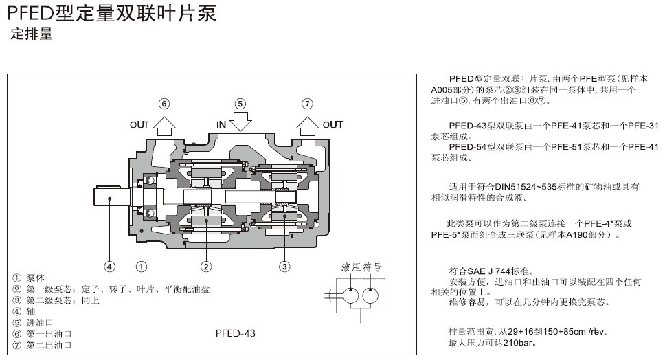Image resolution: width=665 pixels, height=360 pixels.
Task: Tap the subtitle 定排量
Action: [32, 34]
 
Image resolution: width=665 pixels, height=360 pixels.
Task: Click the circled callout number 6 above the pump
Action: [164, 104]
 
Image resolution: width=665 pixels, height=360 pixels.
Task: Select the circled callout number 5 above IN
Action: [240, 104]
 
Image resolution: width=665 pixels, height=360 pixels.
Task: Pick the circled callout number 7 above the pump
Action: [307, 104]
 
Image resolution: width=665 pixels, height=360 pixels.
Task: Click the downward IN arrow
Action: [240, 122]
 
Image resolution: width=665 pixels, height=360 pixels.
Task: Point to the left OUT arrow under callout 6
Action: [164, 125]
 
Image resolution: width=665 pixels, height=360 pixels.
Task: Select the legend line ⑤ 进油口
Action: [34, 322]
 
